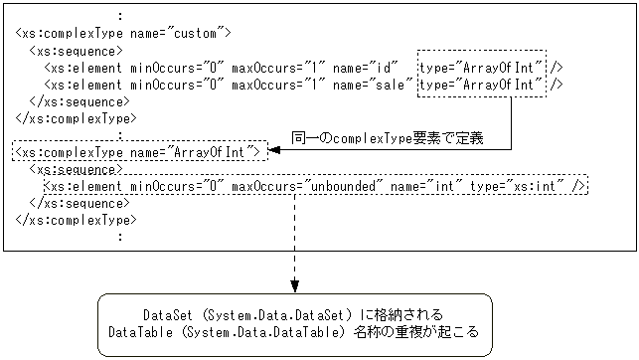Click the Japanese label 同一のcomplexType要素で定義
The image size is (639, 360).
388,137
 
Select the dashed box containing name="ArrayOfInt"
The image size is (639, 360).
140,151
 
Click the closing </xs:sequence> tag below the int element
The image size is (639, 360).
79,202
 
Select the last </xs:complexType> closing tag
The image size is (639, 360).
77,219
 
